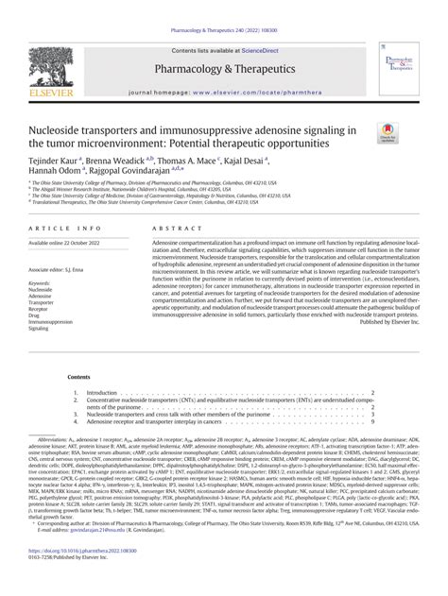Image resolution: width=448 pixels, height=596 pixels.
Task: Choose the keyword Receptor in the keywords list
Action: pyautogui.click(x=69, y=308)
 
